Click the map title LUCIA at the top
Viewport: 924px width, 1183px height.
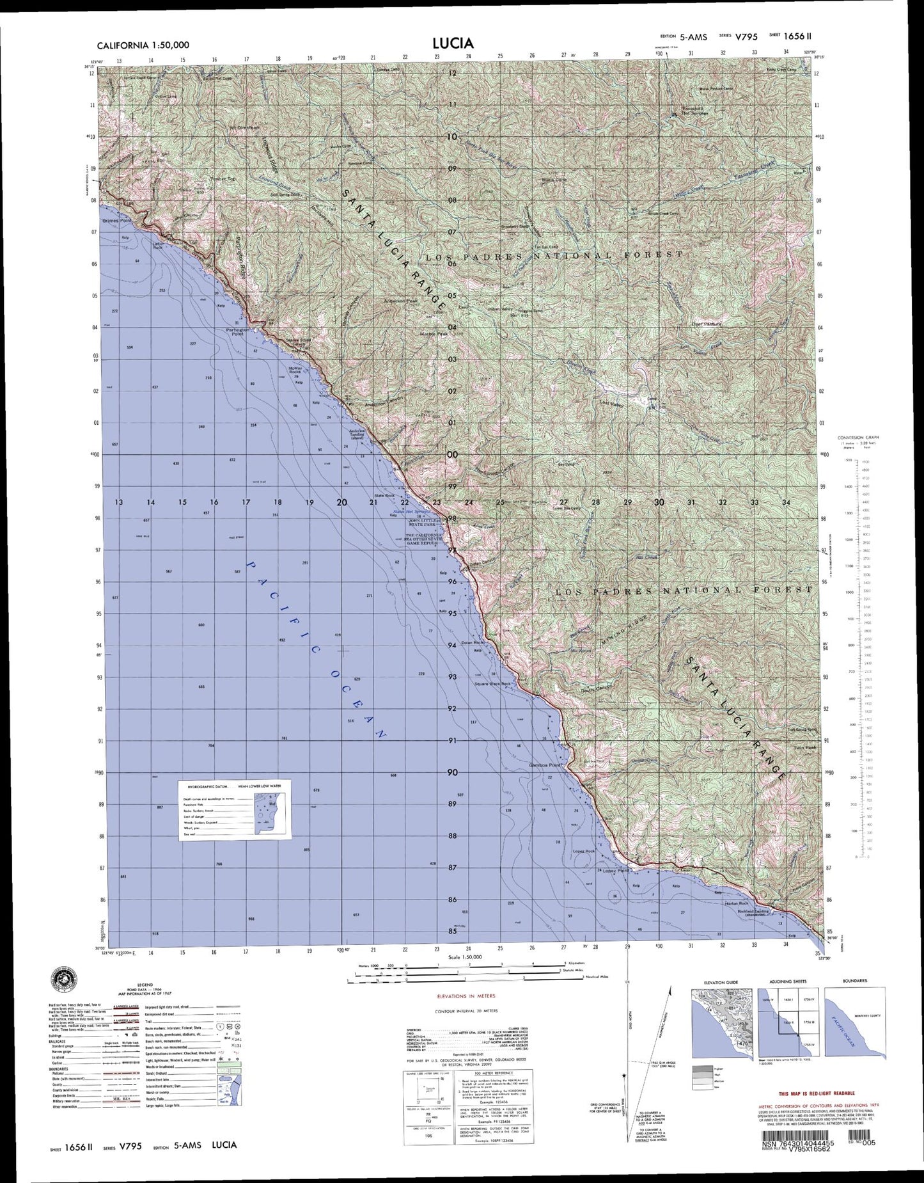[452, 43]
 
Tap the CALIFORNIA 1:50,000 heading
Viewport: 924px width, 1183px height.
[143, 45]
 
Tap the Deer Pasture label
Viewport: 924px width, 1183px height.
[706, 324]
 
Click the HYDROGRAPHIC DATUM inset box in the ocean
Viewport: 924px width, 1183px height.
[234, 809]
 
